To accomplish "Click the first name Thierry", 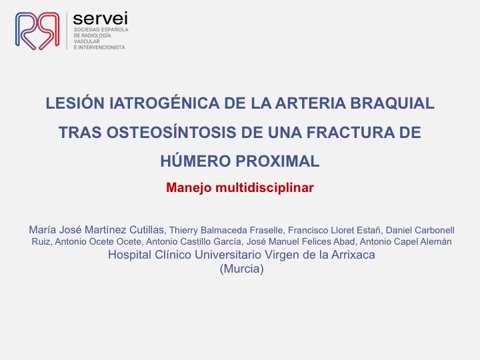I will [x=187, y=230].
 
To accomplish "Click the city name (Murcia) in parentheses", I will [x=241, y=269].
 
